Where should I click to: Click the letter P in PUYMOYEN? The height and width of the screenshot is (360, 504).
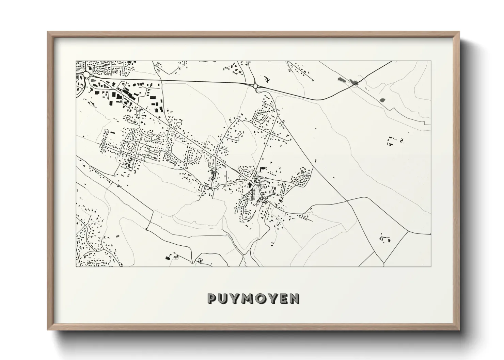212,298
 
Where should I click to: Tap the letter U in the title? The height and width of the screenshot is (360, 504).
223,298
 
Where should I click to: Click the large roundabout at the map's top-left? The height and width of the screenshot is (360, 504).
86,75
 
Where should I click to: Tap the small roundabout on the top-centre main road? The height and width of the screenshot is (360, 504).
255,86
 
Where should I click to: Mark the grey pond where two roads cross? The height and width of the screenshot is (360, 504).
354,82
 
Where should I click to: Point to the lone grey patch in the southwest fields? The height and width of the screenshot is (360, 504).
118,236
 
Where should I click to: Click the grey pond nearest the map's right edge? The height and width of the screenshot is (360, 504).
382,100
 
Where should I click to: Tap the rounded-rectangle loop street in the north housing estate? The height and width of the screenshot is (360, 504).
261,117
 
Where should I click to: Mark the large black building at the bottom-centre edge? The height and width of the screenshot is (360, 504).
168,258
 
